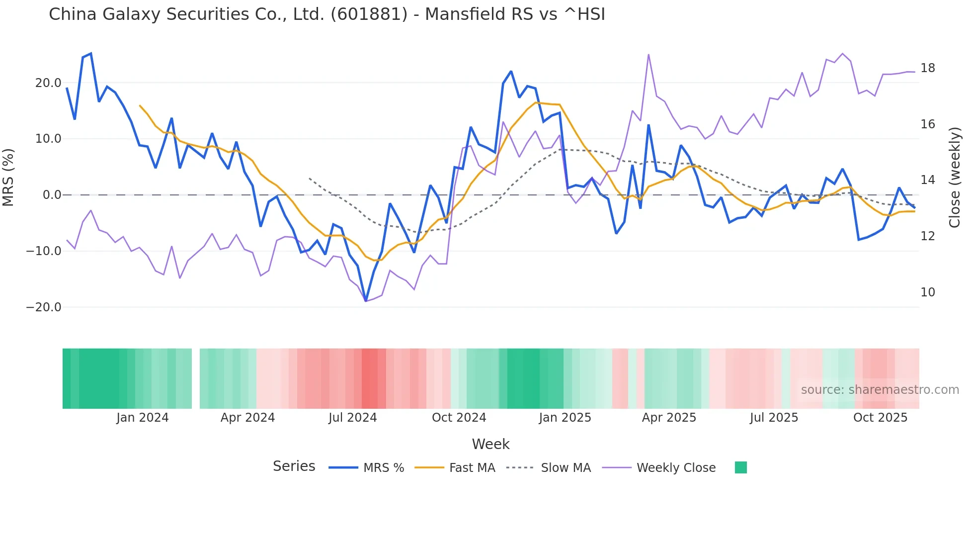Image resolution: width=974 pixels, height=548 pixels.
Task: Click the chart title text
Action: pyautogui.click(x=326, y=14)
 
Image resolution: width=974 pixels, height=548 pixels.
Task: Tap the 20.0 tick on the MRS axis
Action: pyautogui.click(x=48, y=83)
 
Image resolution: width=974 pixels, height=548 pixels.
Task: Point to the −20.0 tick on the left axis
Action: pyautogui.click(x=44, y=307)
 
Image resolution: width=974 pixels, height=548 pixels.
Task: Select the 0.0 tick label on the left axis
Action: pyautogui.click(x=52, y=195)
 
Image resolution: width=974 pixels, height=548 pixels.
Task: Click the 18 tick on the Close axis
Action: pyautogui.click(x=927, y=68)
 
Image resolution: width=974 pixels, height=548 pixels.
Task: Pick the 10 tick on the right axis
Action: pyautogui.click(x=927, y=292)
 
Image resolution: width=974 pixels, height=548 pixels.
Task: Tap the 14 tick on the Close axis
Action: pyautogui.click(x=927, y=180)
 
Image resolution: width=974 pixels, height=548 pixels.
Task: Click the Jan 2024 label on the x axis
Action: pyautogui.click(x=143, y=418)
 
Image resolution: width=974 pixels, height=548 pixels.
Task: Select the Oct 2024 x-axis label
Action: pyautogui.click(x=459, y=418)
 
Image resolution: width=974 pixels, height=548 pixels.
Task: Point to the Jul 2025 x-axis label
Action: pyautogui.click(x=774, y=418)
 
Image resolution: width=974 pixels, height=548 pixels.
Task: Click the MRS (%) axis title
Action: pyautogui.click(x=8, y=177)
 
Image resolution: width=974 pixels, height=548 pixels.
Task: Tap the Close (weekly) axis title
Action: pyautogui.click(x=954, y=178)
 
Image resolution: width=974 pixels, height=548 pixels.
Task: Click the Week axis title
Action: pyautogui.click(x=490, y=444)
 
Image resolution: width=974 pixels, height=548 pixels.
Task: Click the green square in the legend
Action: pyautogui.click(x=740, y=467)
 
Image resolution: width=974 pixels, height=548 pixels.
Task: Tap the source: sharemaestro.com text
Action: pyautogui.click(x=880, y=390)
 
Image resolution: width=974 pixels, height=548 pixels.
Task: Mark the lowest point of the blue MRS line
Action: pyautogui.click(x=366, y=301)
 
